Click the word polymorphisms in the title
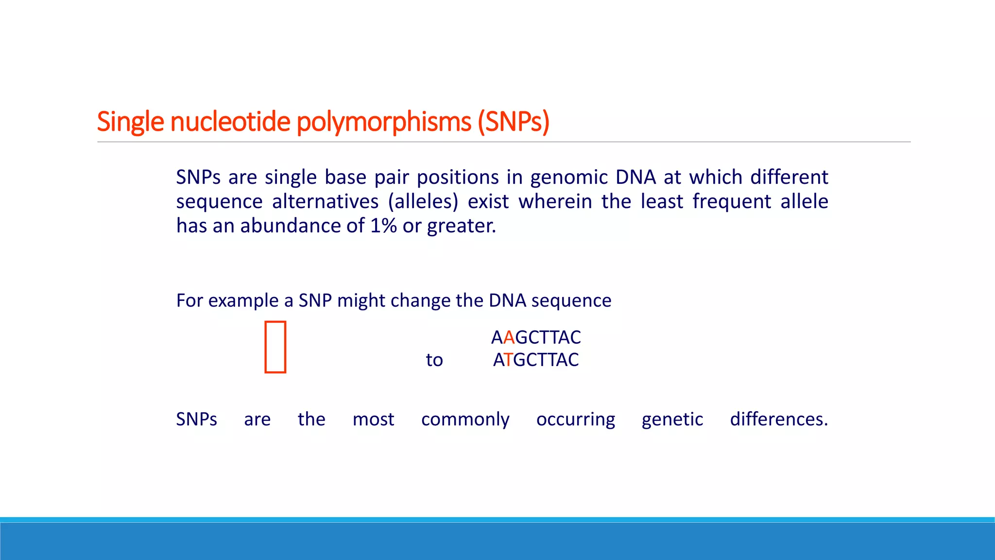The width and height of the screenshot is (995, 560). [384, 122]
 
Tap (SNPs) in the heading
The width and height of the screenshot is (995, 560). [514, 122]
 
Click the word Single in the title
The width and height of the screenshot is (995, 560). [130, 122]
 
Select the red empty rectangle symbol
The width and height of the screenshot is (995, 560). [275, 347]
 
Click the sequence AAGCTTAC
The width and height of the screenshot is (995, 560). [536, 337]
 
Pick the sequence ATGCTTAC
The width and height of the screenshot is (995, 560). [536, 360]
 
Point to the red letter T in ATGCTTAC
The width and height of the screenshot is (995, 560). [508, 360]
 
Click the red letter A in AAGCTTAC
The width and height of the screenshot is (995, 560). [509, 337]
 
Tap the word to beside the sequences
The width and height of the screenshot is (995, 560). [434, 360]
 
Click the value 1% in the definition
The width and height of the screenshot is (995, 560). [383, 226]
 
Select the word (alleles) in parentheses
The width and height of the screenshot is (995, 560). [423, 202]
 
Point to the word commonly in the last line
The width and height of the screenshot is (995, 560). [465, 420]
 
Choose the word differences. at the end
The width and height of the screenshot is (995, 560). [779, 420]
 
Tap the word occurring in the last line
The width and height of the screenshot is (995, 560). [575, 420]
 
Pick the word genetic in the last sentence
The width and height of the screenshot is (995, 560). [672, 420]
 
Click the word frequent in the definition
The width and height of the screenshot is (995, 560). [732, 202]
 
